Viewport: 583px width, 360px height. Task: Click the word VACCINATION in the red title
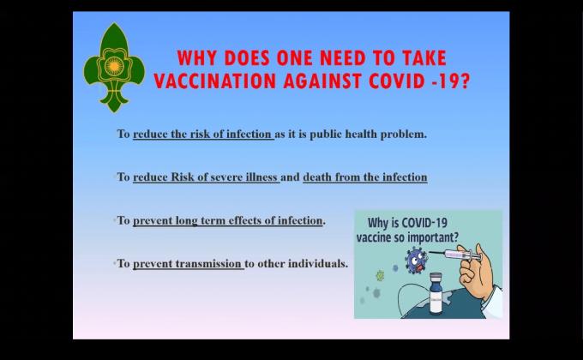tap(213, 81)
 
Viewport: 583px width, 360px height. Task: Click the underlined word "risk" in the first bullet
tap(208, 135)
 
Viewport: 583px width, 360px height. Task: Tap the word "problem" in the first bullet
tap(404, 135)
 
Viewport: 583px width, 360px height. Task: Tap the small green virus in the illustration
tap(380, 276)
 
